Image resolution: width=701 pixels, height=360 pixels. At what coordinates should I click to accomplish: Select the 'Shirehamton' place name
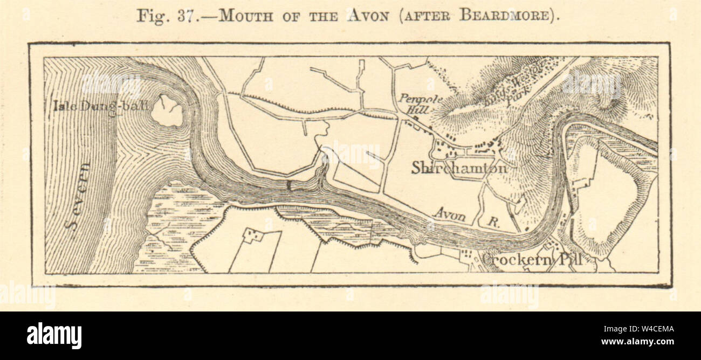click(459, 168)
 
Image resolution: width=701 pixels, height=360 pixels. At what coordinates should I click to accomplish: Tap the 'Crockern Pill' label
click(531, 260)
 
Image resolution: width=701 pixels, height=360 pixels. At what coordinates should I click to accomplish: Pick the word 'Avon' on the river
click(451, 216)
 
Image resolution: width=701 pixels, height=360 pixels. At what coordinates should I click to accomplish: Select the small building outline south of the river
click(252, 235)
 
